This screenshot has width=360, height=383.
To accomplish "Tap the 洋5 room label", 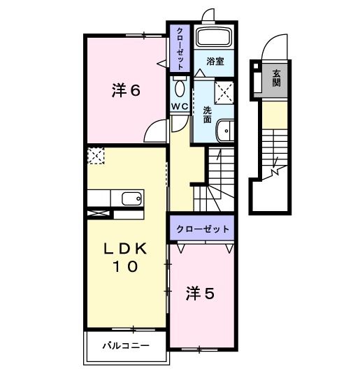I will click(x=199, y=294).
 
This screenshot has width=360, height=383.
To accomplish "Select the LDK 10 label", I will click(x=126, y=257).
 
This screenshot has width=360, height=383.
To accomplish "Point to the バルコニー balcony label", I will click(x=126, y=345).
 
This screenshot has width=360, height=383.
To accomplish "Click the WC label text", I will click(x=180, y=106).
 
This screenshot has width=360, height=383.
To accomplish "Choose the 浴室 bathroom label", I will click(x=214, y=62).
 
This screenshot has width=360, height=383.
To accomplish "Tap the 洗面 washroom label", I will click(x=208, y=115).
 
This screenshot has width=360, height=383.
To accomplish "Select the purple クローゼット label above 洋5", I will click(x=203, y=229).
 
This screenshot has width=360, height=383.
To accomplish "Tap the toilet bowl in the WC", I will click(x=180, y=88).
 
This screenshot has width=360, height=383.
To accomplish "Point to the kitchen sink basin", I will click(x=131, y=198).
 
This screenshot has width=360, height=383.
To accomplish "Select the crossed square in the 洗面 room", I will click(x=224, y=90).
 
